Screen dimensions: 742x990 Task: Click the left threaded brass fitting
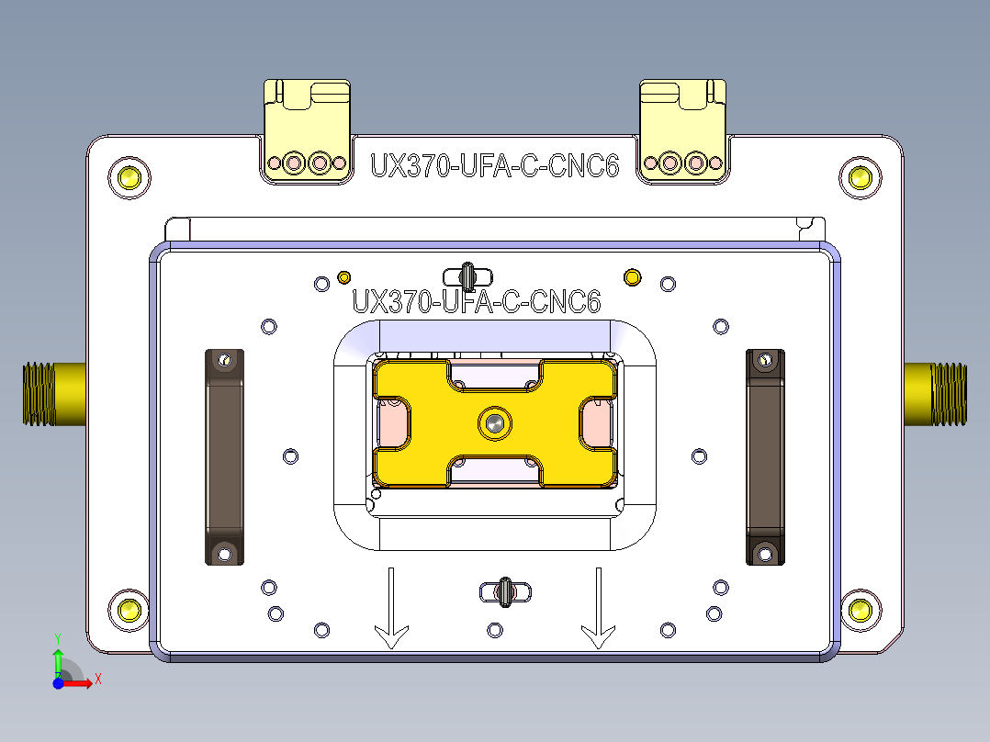(x=53, y=394)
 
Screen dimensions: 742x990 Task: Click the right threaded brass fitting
(x=936, y=394)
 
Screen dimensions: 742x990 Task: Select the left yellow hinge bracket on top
(x=307, y=130)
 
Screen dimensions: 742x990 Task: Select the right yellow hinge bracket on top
(x=682, y=130)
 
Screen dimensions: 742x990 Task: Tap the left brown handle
(x=223, y=456)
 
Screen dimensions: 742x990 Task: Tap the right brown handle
(x=765, y=456)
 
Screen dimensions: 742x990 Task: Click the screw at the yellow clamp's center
(x=495, y=422)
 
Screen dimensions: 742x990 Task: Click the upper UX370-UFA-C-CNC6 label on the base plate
(x=494, y=166)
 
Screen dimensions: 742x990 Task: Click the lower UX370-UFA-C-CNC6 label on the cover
(x=477, y=301)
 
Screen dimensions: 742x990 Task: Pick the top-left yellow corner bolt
(x=128, y=177)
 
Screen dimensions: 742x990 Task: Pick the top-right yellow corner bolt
(x=860, y=177)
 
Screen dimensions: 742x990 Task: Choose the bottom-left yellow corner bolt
(x=128, y=610)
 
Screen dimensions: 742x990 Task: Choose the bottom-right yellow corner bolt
(x=860, y=610)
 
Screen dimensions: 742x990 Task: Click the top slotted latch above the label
(x=467, y=275)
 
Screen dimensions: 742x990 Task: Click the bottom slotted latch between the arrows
(x=505, y=592)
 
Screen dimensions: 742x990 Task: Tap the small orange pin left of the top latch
(x=344, y=276)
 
